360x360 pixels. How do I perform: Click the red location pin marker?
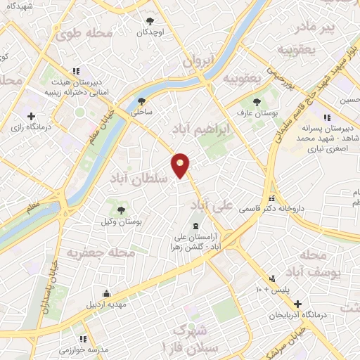pos(181,165)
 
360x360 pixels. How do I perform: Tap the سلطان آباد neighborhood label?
pos(138,179)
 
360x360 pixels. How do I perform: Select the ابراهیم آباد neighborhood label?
pos(201,129)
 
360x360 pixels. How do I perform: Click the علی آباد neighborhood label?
pos(212,205)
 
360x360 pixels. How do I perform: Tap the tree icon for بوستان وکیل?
pos(121,210)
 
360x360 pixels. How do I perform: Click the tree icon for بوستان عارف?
pos(255,101)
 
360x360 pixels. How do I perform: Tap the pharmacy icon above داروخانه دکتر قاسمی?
pos(271,199)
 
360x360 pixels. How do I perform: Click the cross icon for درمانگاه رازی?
pos(30,116)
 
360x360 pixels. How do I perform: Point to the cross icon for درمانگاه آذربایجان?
pos(299,304)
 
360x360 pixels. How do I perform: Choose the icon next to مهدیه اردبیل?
pos(106,294)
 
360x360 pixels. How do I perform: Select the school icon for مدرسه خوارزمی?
pos(84,338)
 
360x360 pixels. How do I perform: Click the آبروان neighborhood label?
pos(198,62)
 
